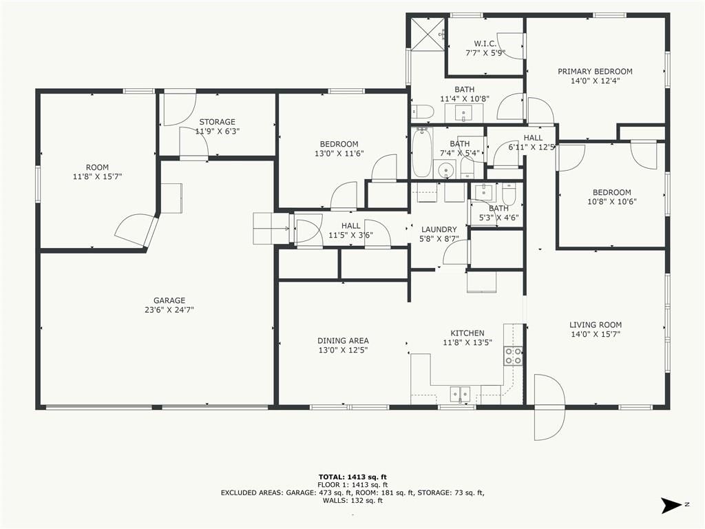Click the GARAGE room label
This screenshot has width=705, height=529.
(169, 300)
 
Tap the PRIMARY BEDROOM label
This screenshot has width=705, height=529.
(595, 72)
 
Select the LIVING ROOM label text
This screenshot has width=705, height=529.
(596, 325)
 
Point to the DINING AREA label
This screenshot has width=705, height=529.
(343, 341)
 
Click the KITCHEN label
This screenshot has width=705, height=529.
(467, 333)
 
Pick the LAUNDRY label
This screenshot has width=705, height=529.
(439, 229)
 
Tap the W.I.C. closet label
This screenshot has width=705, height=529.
(485, 43)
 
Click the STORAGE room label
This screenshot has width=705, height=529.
(217, 122)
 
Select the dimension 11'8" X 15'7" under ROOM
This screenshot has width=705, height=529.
(97, 177)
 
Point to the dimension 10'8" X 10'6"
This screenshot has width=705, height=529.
(612, 202)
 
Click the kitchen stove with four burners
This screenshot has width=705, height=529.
(513, 356)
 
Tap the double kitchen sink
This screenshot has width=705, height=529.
(460, 394)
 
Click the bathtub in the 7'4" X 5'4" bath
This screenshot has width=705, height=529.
(422, 152)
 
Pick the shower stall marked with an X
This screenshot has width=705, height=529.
(428, 34)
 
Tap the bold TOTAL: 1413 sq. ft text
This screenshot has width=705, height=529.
(352, 477)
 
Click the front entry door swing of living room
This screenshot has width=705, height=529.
(549, 407)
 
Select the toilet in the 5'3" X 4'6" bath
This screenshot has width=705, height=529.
(509, 194)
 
